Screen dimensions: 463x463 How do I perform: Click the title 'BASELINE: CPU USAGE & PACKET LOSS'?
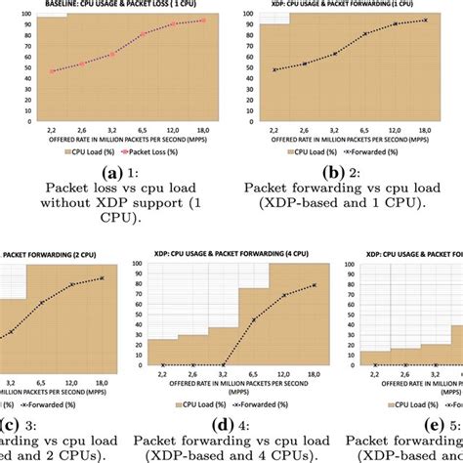109,6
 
